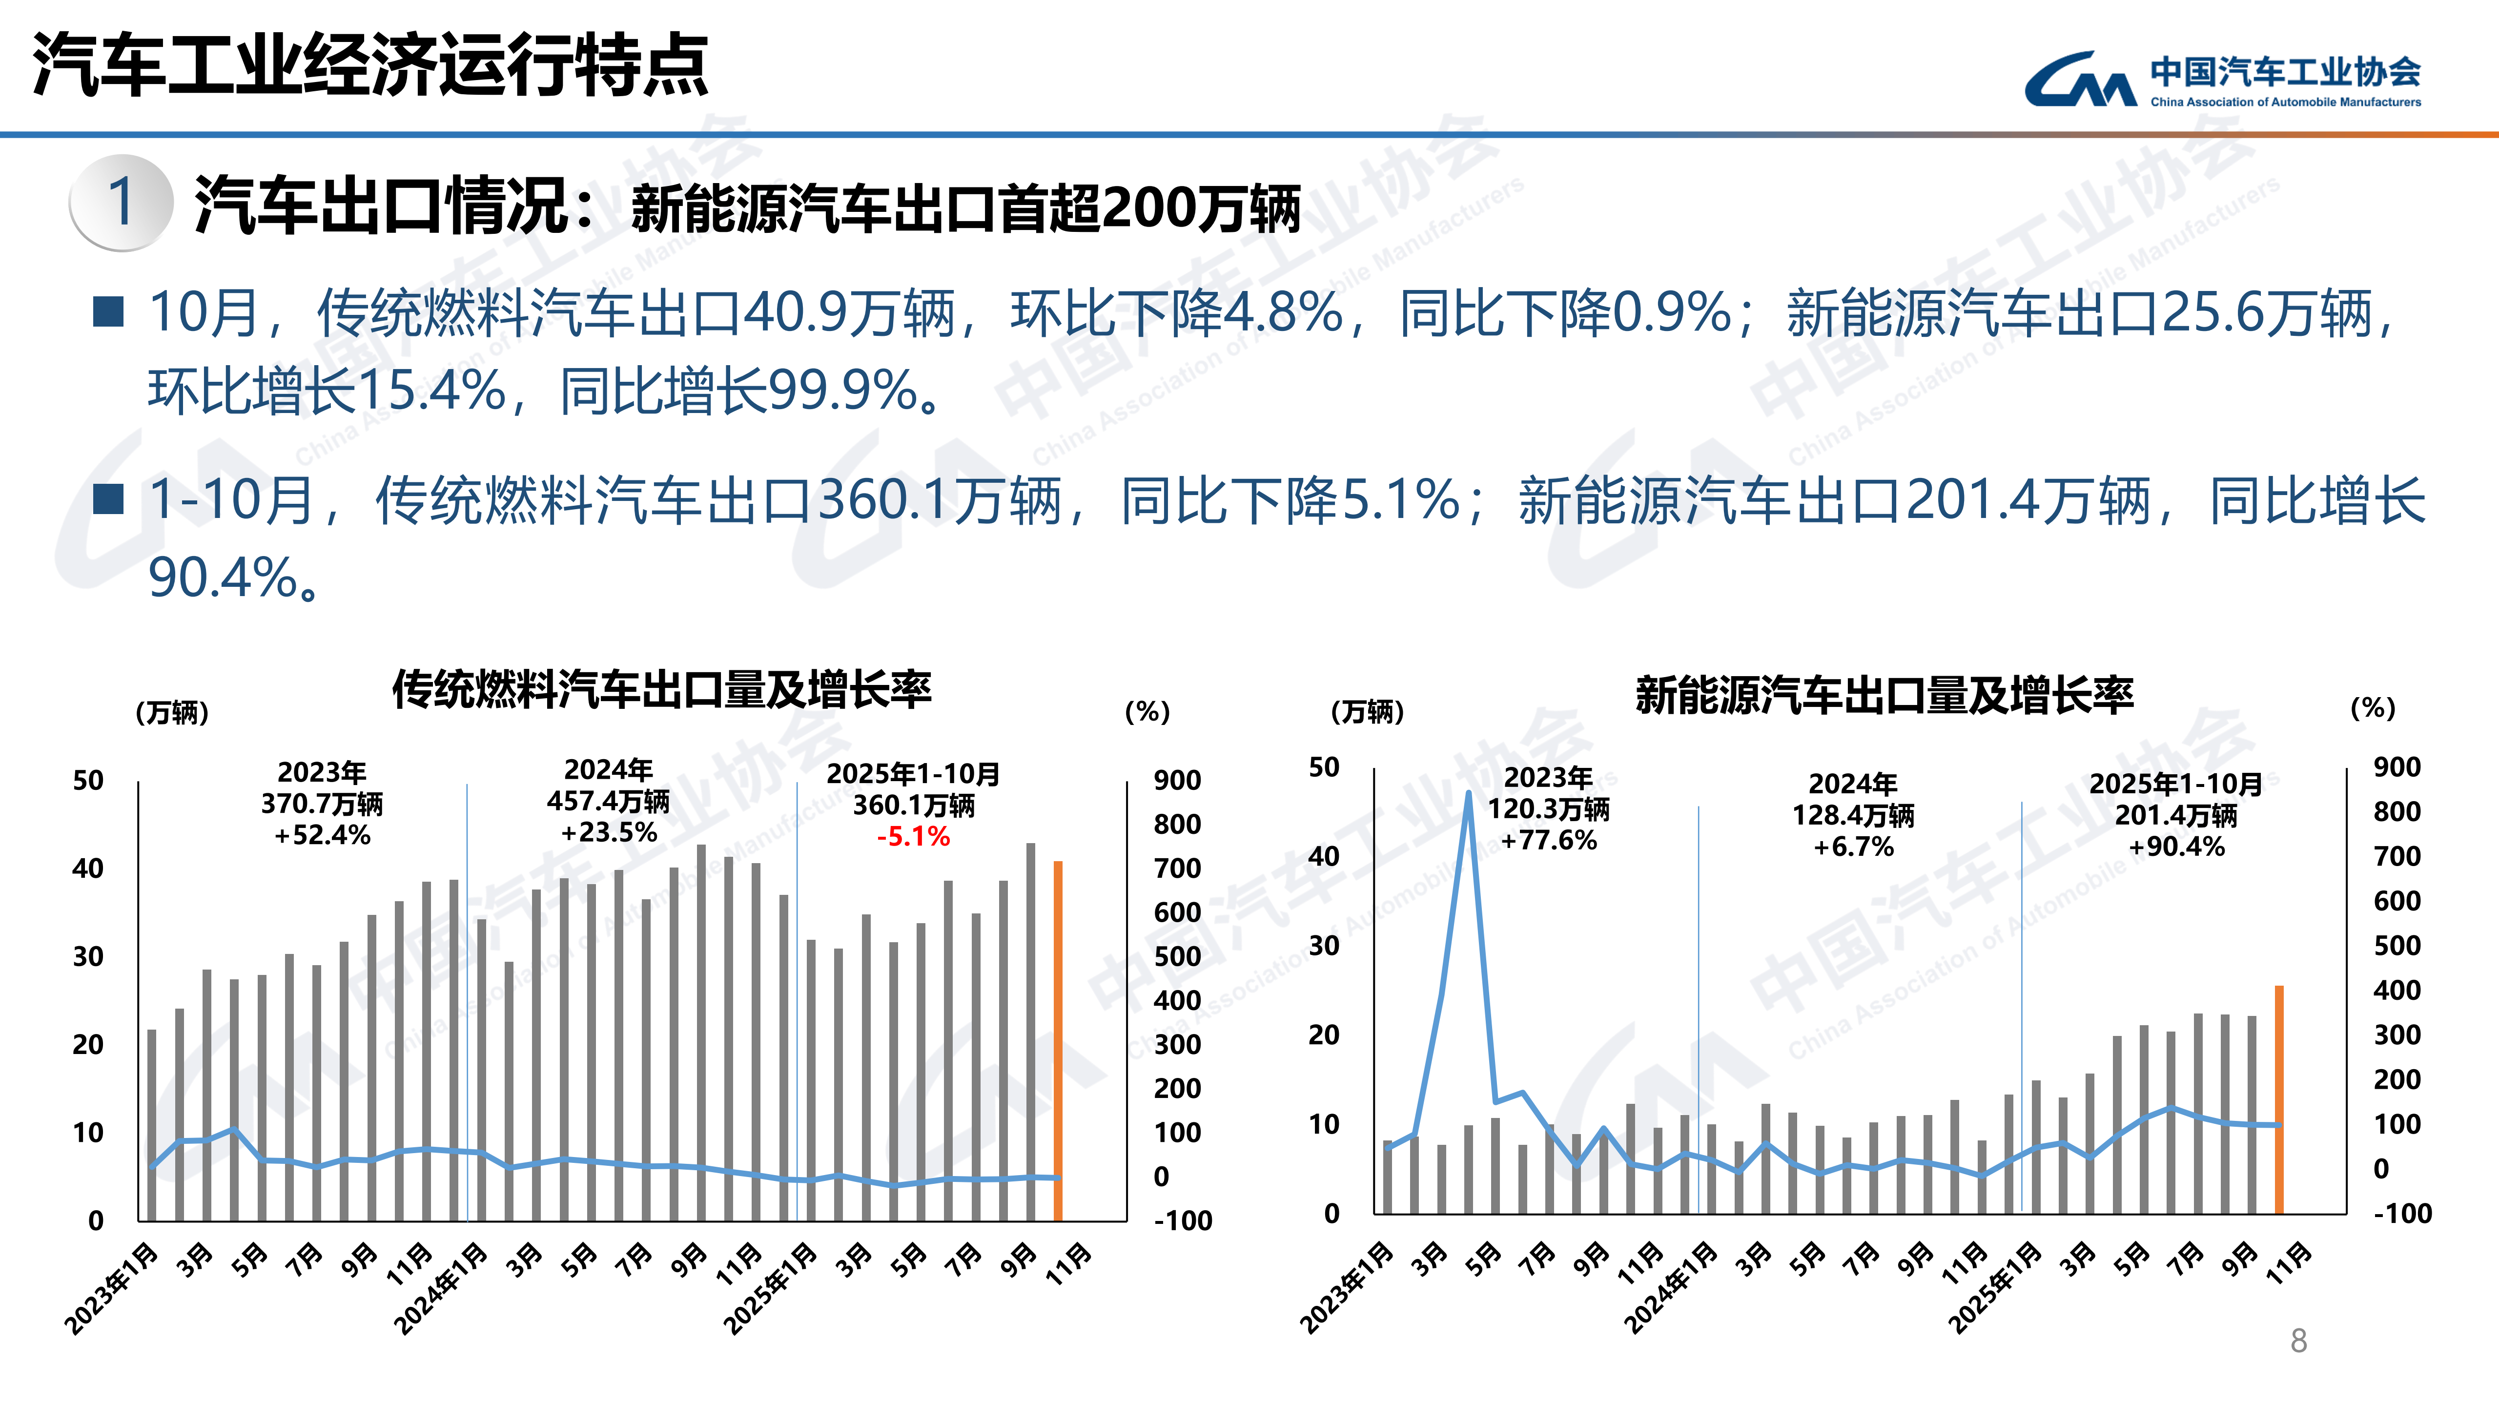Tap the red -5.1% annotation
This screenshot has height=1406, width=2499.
(913, 836)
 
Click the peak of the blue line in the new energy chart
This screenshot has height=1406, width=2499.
(1469, 794)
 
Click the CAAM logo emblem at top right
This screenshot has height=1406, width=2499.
(2079, 80)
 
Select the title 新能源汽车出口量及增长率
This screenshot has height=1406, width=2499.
(1884, 695)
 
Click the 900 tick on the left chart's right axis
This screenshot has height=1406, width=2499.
(1177, 780)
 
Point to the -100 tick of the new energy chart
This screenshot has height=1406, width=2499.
(2402, 1213)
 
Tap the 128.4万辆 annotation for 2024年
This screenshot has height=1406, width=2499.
(1853, 815)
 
